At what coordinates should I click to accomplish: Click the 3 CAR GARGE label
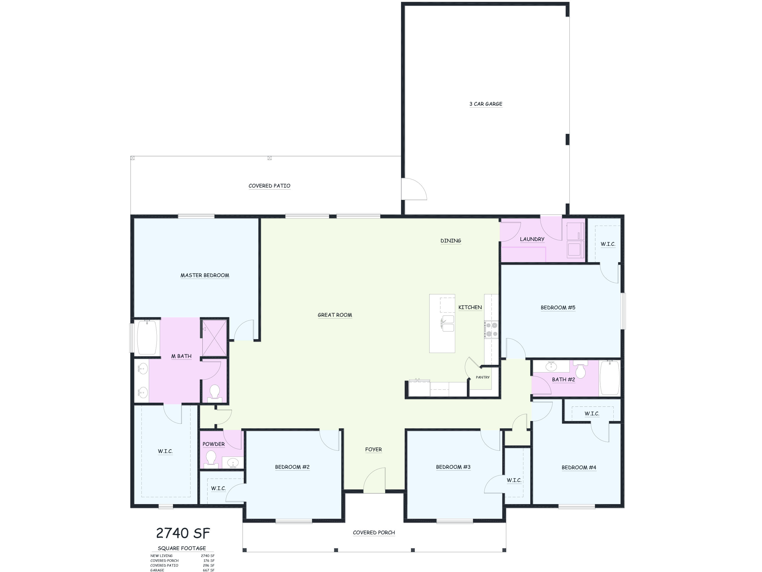tap(486, 104)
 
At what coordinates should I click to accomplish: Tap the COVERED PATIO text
tap(269, 186)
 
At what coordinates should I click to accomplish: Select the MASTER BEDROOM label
tap(205, 275)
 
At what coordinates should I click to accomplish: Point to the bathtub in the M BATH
tap(147, 337)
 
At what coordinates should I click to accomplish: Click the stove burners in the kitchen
tap(491, 329)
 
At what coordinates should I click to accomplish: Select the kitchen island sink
tap(448, 323)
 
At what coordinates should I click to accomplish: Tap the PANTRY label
tap(483, 377)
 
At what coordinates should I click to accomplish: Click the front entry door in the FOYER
tap(374, 480)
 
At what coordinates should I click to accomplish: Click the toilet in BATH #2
tap(581, 371)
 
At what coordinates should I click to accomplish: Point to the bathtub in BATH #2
tap(610, 378)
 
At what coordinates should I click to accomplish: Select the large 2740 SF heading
tap(183, 533)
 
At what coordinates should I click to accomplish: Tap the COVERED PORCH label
tap(374, 532)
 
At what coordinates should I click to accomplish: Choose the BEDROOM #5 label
tap(558, 308)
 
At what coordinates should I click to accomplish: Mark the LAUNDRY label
tap(532, 239)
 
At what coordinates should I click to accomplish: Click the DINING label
tap(451, 241)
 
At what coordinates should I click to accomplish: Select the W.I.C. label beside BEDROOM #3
tap(514, 480)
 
